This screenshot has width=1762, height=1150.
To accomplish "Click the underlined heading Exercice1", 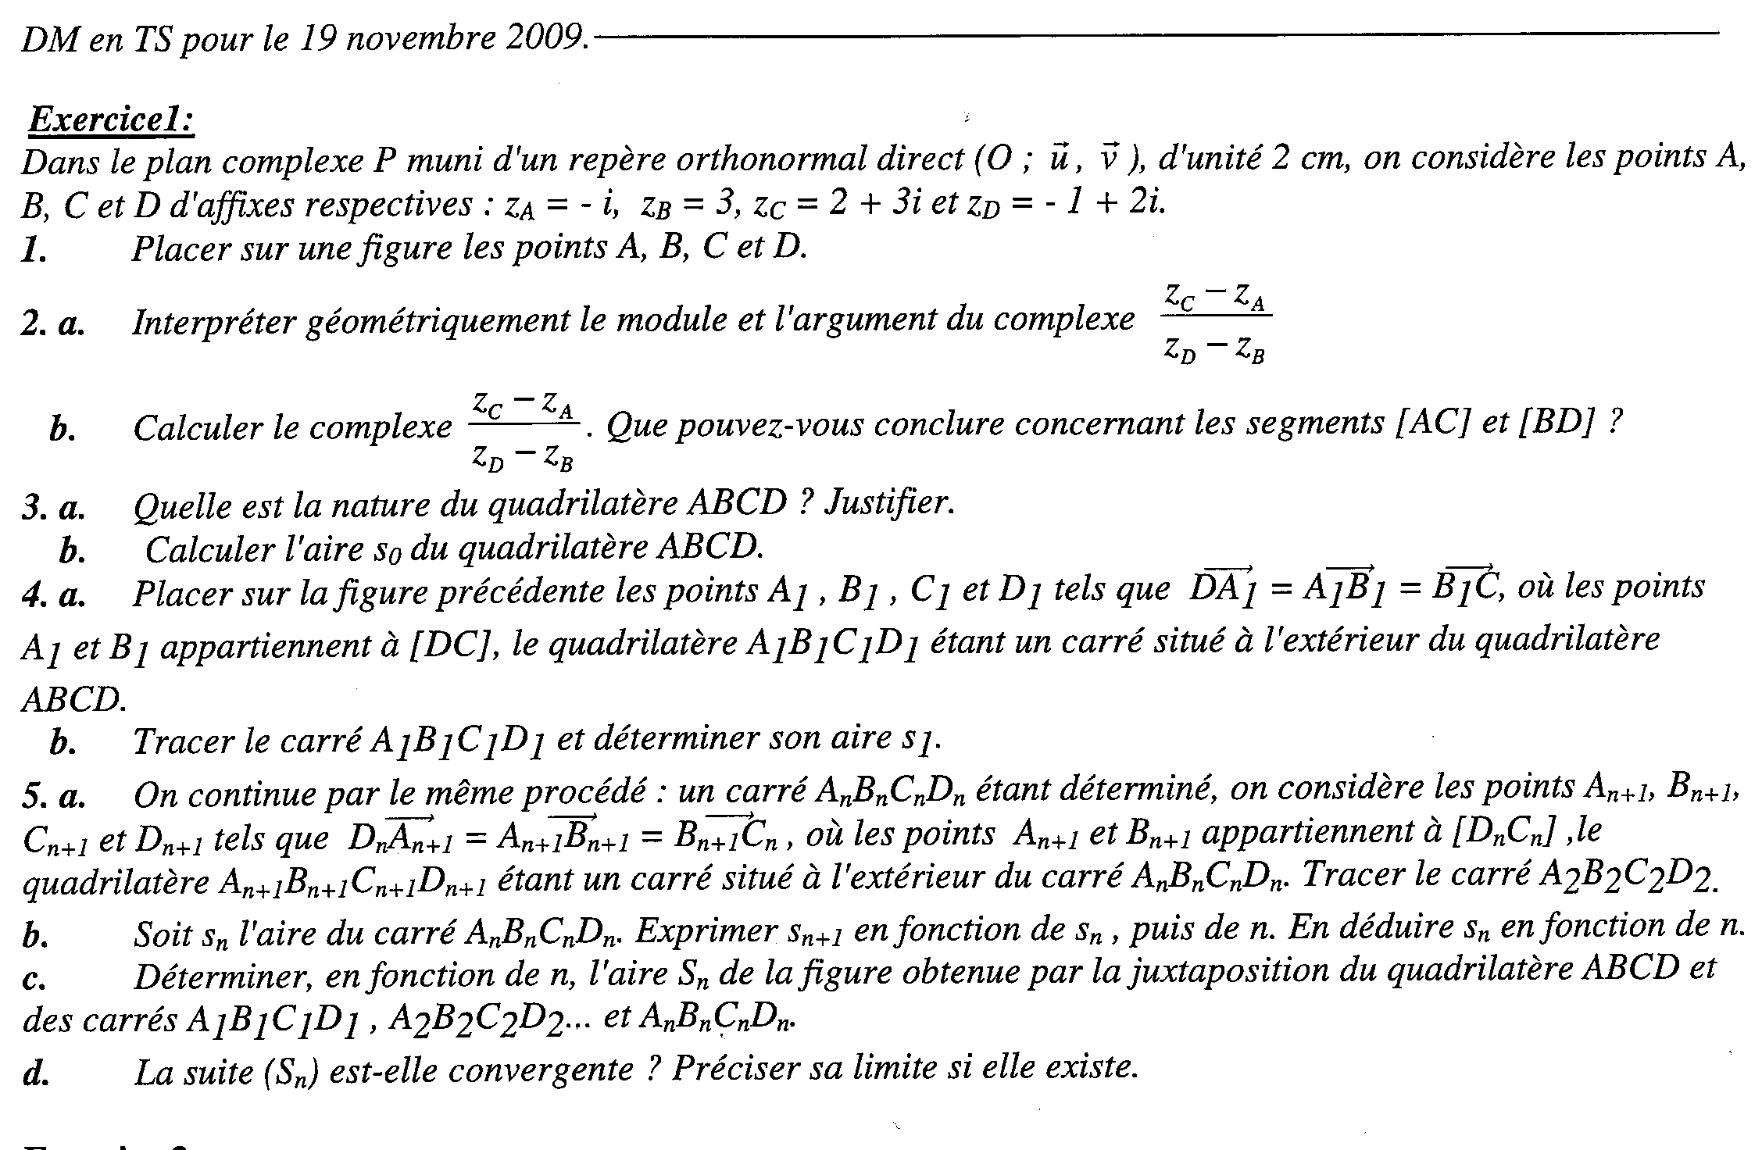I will tap(111, 121).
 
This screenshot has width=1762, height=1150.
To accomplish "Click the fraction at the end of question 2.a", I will tap(1216, 325).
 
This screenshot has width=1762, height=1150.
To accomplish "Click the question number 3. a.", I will tap(53, 508).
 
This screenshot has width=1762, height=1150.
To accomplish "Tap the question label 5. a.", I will tap(53, 796).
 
